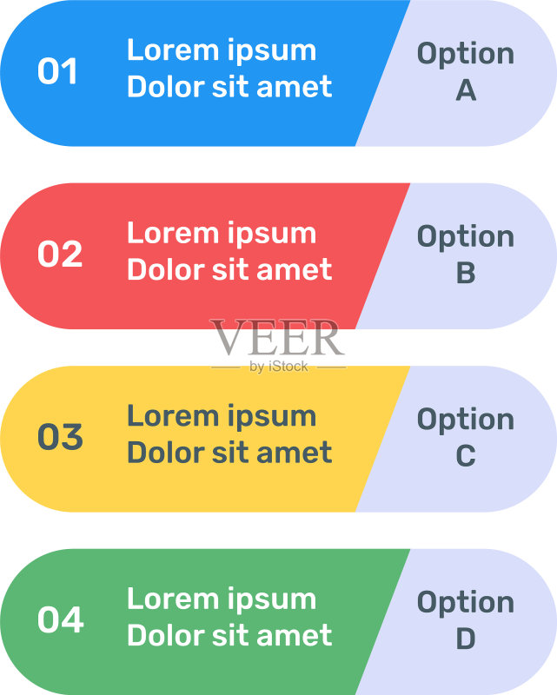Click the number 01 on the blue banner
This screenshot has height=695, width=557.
tap(57, 71)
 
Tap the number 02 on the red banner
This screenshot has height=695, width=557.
tap(60, 254)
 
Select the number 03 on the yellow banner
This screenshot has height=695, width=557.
tap(60, 437)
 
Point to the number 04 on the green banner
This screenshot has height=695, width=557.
tap(61, 619)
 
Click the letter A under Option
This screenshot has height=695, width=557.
tap(466, 90)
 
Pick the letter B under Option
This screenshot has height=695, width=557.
tap(466, 273)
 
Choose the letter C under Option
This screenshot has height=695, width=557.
tap(466, 455)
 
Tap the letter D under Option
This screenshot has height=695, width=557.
tap(466, 639)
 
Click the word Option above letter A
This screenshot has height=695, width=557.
tap(466, 55)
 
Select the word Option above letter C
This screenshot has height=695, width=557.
tap(466, 420)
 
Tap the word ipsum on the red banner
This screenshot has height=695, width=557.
tap(272, 235)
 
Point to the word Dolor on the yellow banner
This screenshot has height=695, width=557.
tap(166, 453)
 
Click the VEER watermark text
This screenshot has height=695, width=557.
tap(277, 337)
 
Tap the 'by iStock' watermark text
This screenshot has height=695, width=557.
tap(278, 367)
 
